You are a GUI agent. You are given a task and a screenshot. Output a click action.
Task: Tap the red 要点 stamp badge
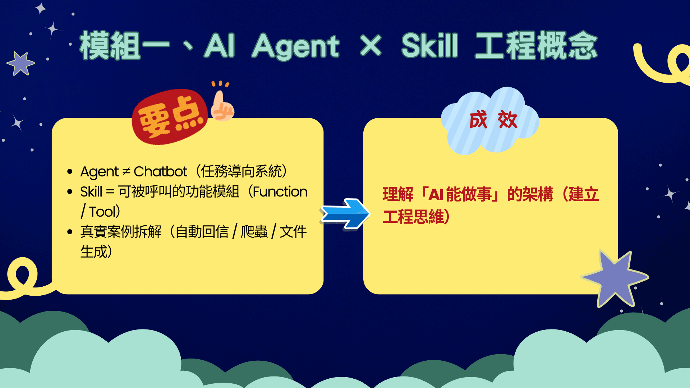170,117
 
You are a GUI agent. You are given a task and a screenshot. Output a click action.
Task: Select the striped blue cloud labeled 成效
490,121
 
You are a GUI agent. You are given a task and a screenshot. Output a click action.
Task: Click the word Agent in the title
295,46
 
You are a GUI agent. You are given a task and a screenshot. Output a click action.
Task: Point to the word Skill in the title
429,45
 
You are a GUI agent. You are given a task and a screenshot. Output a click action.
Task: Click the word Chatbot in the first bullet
160,172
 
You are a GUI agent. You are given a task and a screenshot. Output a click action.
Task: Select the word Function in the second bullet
280,192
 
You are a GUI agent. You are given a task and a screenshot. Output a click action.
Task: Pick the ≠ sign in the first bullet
126,172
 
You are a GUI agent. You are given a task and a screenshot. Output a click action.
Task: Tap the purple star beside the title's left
20,64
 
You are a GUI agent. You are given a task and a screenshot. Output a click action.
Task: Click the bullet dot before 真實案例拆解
70,232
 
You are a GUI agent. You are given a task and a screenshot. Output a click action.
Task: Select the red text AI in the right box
436,195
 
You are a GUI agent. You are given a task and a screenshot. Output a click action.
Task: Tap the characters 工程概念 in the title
536,45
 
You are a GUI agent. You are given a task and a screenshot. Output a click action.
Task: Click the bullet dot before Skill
70,192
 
